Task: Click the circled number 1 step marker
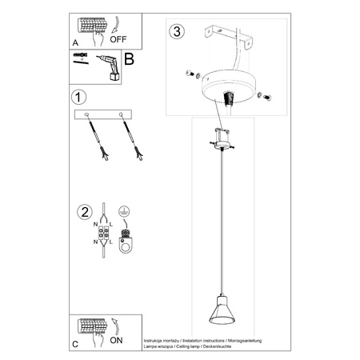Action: [78, 99]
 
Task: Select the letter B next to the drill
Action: [128, 58]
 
